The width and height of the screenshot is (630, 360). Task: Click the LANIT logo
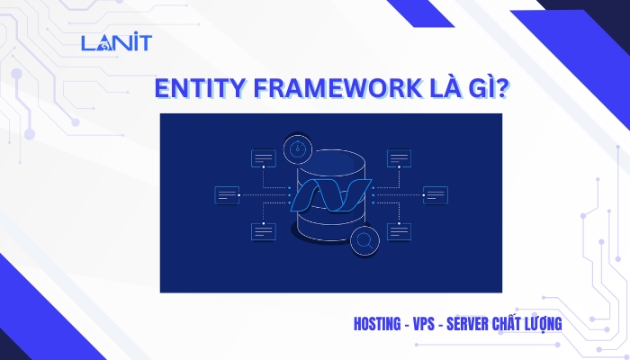(116, 41)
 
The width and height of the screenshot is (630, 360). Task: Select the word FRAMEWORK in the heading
(337, 88)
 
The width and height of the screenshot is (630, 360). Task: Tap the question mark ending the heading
(502, 88)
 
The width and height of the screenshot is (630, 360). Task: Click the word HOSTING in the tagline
(377, 324)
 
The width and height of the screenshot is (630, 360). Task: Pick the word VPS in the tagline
(424, 324)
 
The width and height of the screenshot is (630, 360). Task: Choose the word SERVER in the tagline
(467, 324)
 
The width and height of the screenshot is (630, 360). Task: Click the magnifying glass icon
(364, 241)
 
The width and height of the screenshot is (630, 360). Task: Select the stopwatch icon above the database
(298, 149)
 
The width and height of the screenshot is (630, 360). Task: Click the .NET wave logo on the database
(330, 195)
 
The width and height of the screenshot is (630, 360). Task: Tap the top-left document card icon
(264, 158)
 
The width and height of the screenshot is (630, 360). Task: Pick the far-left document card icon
(227, 195)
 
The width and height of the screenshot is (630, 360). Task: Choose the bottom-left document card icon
(264, 232)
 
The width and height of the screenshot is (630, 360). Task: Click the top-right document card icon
(399, 158)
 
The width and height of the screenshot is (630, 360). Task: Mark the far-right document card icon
(436, 195)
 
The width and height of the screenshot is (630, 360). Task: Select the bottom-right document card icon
(399, 232)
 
